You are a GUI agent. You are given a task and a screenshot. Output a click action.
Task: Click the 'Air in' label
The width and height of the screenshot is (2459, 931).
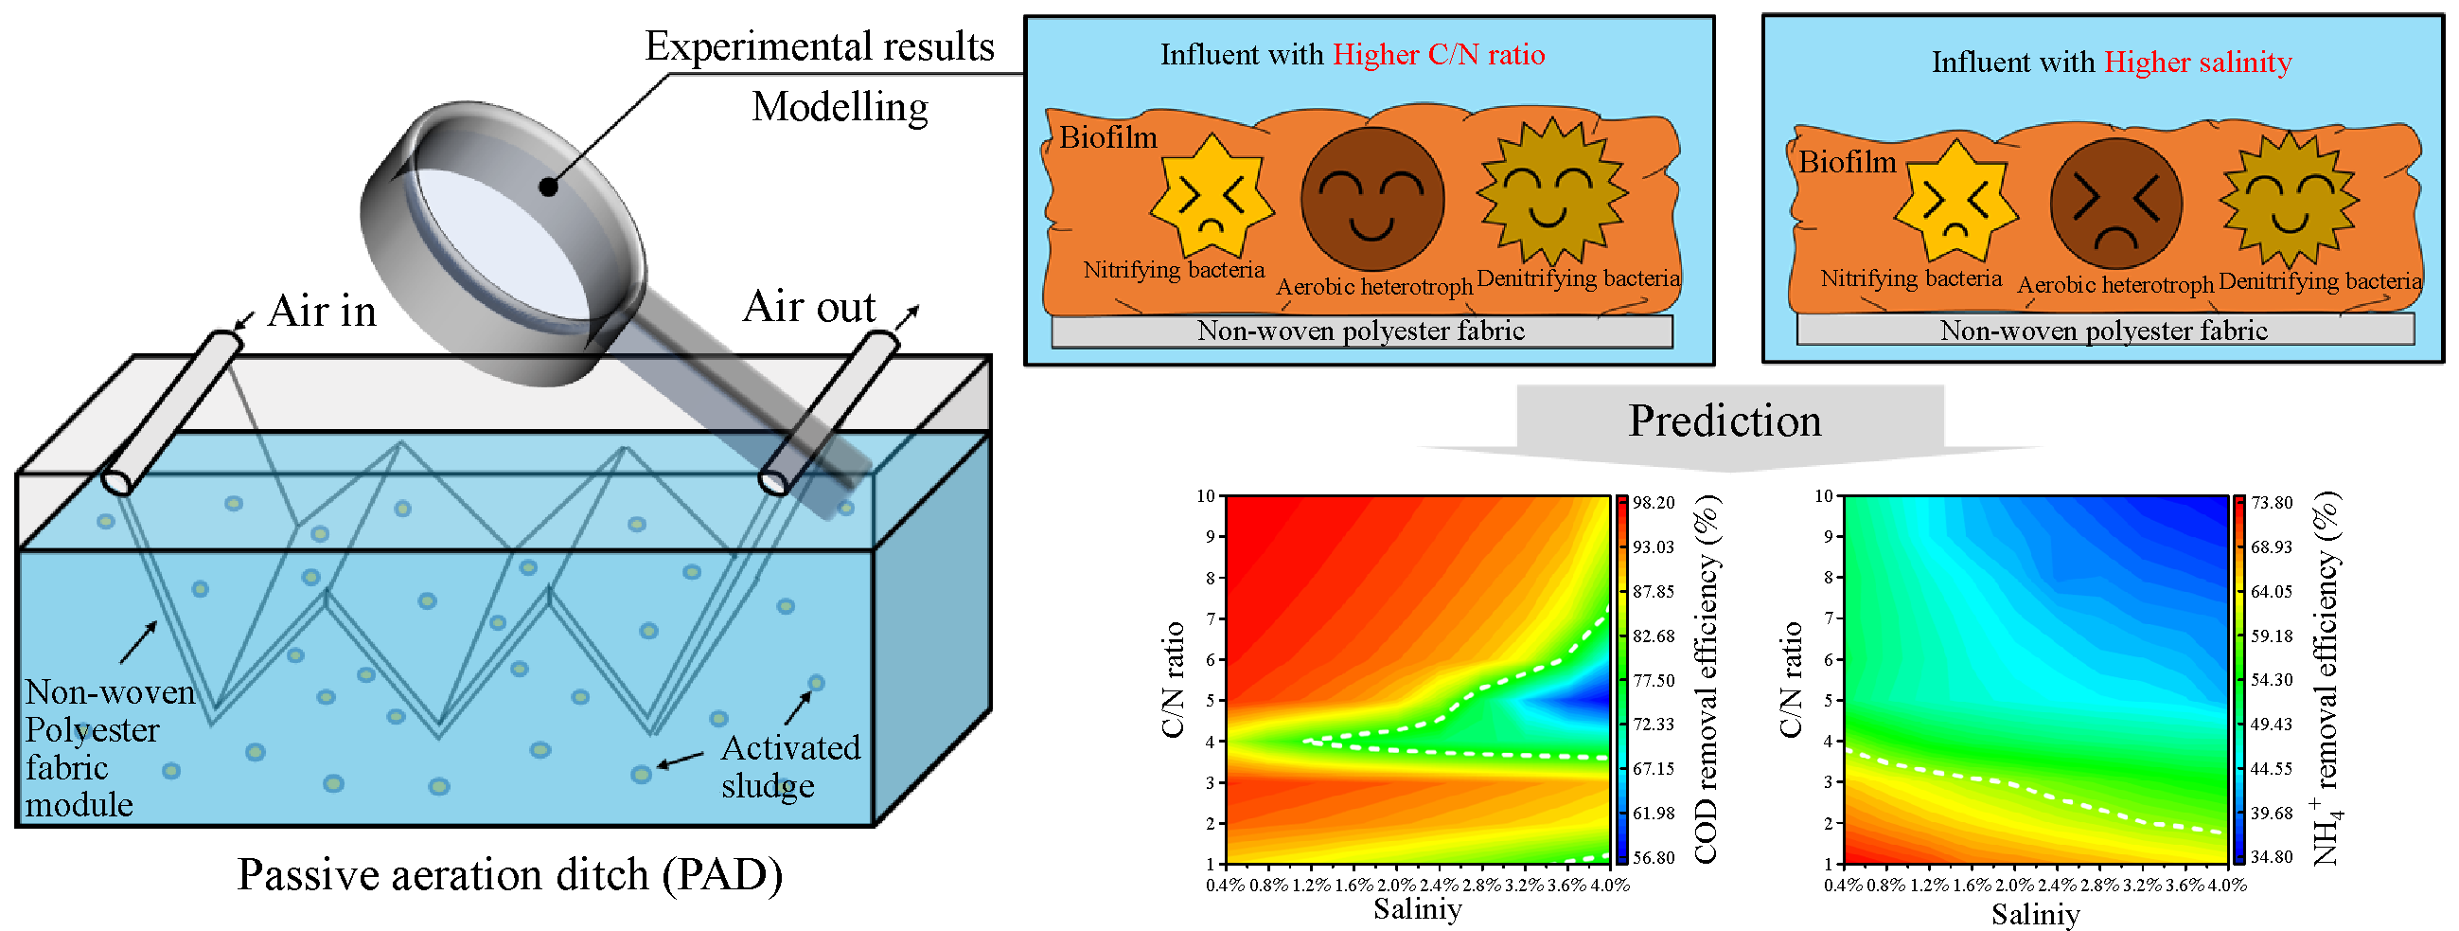(322, 312)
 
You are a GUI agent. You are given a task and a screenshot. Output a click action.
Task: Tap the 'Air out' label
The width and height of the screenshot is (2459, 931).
(808, 308)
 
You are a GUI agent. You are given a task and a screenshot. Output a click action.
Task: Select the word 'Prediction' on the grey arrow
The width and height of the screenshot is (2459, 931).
(1724, 421)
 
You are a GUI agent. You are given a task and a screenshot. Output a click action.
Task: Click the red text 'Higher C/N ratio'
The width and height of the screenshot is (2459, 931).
(1438, 54)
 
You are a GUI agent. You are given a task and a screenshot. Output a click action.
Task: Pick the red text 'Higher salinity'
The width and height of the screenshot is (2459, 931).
(2198, 63)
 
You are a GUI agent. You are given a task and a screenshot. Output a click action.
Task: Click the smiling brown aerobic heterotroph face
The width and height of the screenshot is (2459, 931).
(1371, 200)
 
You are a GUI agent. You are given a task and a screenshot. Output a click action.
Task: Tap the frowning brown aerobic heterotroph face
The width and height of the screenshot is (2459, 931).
(2115, 204)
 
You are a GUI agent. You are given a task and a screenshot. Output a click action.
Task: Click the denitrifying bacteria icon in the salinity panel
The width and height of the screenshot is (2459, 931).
(2289, 199)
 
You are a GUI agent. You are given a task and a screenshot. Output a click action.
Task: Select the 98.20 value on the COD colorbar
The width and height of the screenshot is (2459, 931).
(1654, 503)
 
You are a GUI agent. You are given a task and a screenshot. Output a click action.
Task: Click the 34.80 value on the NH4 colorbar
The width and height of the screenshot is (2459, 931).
(2271, 856)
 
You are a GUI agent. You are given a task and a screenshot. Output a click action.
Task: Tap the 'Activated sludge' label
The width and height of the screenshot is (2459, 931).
(789, 766)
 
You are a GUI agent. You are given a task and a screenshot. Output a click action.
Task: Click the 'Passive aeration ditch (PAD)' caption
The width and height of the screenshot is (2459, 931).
(510, 875)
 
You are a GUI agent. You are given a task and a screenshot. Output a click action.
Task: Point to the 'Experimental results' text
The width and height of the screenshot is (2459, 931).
(819, 45)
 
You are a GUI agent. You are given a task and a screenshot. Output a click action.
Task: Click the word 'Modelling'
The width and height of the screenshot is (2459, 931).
(840, 107)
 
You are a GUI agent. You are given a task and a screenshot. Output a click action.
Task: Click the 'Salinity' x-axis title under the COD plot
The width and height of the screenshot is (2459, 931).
(1417, 909)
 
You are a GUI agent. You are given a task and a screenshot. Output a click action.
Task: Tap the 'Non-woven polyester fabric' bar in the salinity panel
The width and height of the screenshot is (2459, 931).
(2104, 331)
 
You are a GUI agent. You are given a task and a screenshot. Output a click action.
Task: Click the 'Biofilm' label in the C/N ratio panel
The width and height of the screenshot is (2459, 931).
(1107, 137)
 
